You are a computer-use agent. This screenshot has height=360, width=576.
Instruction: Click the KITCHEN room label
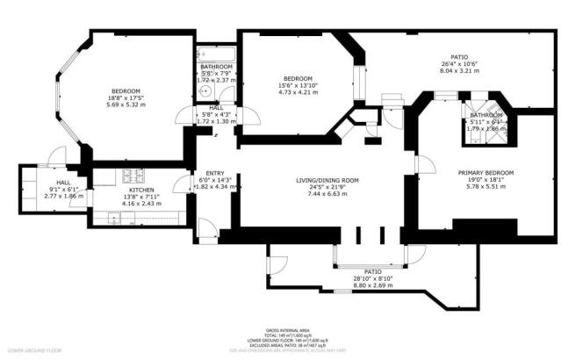pos(141,191)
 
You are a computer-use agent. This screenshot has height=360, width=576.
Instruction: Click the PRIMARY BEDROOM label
pos(486,173)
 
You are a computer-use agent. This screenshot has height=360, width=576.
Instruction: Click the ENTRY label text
pos(214,173)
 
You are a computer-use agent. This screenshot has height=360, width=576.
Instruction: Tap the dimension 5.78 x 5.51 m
pos(486,187)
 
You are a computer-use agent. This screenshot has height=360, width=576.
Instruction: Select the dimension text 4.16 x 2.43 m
pos(141,205)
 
